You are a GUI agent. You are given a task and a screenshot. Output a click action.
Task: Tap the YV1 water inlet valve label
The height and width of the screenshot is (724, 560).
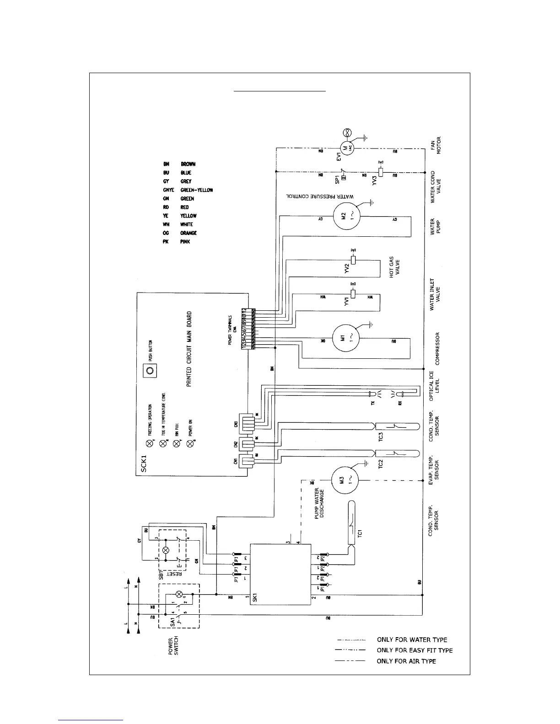pyautogui.click(x=347, y=301)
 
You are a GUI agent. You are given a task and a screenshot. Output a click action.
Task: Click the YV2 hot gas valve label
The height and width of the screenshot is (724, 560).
pyautogui.click(x=347, y=268)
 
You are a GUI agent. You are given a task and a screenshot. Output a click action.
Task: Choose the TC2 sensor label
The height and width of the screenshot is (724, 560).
pyautogui.click(x=381, y=463)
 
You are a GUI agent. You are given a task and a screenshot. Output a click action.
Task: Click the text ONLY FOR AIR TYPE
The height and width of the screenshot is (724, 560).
pyautogui.click(x=406, y=661)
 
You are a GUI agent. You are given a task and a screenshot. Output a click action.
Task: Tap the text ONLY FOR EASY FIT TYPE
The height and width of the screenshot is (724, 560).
pyautogui.click(x=415, y=650)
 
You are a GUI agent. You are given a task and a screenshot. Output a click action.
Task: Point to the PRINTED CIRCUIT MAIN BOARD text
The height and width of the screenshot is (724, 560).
pyautogui.click(x=189, y=349)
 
